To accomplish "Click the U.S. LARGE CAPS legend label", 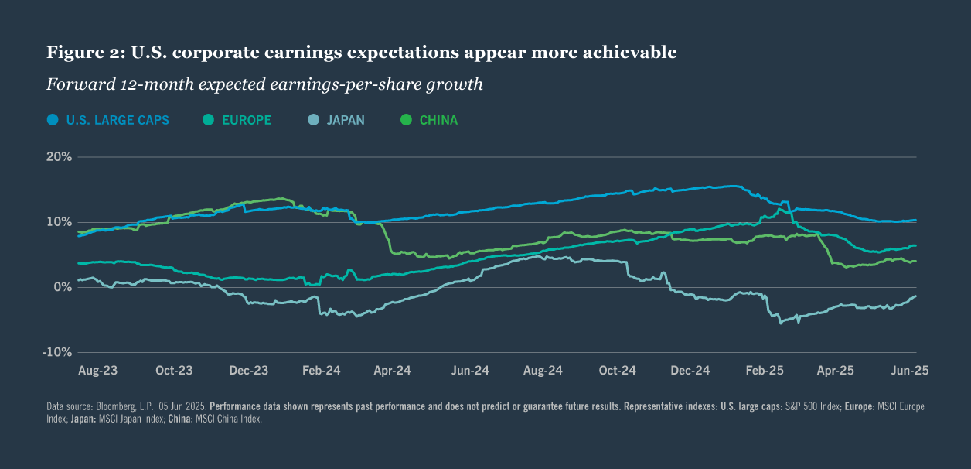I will (x=118, y=120).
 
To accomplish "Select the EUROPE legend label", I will (x=247, y=120).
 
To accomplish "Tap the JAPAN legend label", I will (x=346, y=120).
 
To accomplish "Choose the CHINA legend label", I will (x=438, y=120).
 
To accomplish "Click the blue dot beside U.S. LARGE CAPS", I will (x=53, y=120).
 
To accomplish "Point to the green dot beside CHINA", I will (x=406, y=120).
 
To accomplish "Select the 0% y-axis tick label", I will (x=63, y=287).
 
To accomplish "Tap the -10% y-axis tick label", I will (x=57, y=352).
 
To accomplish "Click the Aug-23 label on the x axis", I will (x=98, y=371).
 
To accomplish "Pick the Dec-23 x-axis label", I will (x=249, y=371).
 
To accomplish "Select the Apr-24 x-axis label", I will (x=392, y=371).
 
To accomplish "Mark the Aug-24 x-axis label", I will (x=543, y=371).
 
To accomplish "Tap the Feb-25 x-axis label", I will (x=765, y=371).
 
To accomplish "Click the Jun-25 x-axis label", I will (x=910, y=371).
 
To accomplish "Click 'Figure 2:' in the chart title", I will (x=83, y=53).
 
